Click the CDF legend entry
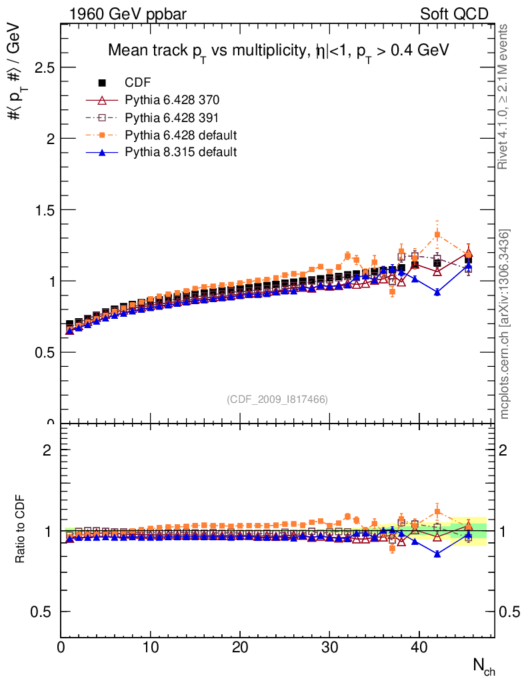[138, 83]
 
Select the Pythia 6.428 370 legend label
[172, 100]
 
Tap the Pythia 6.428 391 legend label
[172, 117]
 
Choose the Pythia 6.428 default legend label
[181, 135]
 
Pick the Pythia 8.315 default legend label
[181, 152]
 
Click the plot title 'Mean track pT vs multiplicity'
[279, 51]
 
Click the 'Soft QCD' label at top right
[454, 14]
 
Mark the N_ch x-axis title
[484, 665]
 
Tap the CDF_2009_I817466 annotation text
[277, 399]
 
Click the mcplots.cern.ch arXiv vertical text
[505, 324]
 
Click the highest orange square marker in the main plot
[437, 235]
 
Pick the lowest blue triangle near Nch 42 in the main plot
[437, 292]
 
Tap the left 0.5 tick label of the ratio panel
[43, 612]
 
